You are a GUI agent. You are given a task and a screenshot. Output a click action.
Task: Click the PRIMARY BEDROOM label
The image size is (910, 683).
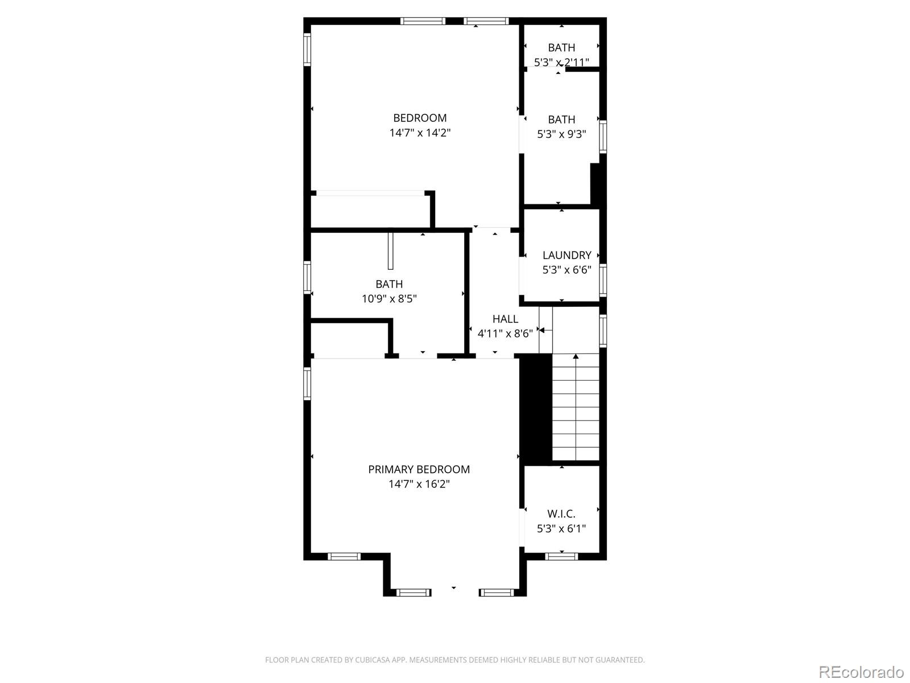pyautogui.click(x=419, y=470)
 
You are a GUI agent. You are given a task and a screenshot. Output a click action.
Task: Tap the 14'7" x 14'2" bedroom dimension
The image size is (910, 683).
pyautogui.click(x=420, y=133)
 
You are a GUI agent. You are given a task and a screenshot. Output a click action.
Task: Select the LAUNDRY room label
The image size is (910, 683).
pyautogui.click(x=566, y=255)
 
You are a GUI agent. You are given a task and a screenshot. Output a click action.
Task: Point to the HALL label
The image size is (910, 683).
pyautogui.click(x=505, y=319)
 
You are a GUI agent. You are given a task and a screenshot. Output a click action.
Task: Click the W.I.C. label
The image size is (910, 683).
pyautogui.click(x=561, y=514)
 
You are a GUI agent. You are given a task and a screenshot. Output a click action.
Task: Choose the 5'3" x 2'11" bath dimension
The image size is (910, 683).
pyautogui.click(x=561, y=63)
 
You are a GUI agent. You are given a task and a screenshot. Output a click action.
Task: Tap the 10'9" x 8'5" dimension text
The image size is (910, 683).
pyautogui.click(x=389, y=299)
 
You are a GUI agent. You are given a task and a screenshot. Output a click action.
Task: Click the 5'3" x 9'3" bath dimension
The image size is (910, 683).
pyautogui.click(x=561, y=134)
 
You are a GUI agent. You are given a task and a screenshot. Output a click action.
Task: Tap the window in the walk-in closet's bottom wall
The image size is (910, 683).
pyautogui.click(x=561, y=557)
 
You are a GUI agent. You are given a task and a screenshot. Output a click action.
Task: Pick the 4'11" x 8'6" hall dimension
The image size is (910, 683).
pyautogui.click(x=505, y=334)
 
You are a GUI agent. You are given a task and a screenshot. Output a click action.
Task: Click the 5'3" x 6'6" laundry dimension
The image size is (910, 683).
pyautogui.click(x=566, y=270)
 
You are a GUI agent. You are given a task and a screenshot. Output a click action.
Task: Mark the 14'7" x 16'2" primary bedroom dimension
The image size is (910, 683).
pyautogui.click(x=419, y=484)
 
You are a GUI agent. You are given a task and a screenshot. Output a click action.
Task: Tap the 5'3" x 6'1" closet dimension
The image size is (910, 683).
pyautogui.click(x=561, y=529)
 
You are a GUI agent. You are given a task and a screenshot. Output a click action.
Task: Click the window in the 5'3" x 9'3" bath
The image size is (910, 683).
pyautogui.click(x=603, y=137)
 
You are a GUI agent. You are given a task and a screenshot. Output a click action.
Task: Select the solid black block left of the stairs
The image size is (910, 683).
pyautogui.click(x=536, y=410)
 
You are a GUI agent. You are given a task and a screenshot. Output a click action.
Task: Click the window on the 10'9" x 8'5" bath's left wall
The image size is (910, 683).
pyautogui.click(x=307, y=277)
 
